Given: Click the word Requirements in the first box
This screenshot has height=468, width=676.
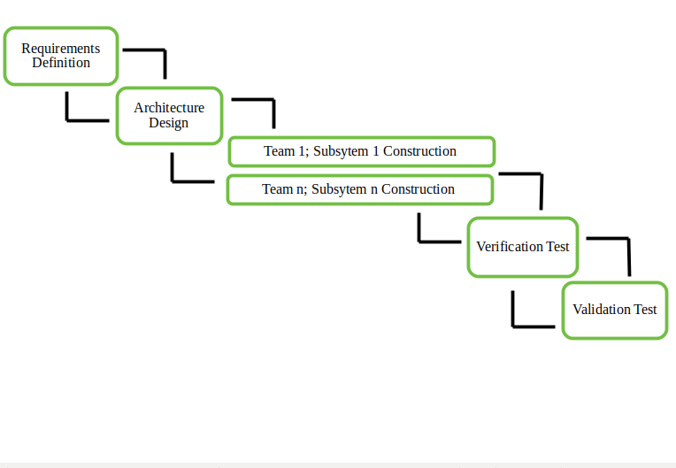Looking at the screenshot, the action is click(x=61, y=49).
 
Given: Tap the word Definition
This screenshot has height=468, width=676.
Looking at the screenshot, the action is click(x=61, y=63).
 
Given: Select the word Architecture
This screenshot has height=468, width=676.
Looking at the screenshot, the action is click(x=169, y=107).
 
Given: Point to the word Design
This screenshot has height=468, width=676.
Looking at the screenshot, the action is click(x=169, y=123).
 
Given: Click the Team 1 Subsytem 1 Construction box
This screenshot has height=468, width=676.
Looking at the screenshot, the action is click(x=362, y=151).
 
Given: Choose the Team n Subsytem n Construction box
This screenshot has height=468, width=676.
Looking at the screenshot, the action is click(x=360, y=189).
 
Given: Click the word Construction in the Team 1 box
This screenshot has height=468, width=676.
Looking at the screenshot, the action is click(x=419, y=150).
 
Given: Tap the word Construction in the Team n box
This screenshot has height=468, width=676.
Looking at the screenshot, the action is click(x=418, y=188).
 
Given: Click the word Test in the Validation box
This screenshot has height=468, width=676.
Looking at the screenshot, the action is click(x=645, y=309).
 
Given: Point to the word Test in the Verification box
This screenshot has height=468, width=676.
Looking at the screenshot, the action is click(x=557, y=247).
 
